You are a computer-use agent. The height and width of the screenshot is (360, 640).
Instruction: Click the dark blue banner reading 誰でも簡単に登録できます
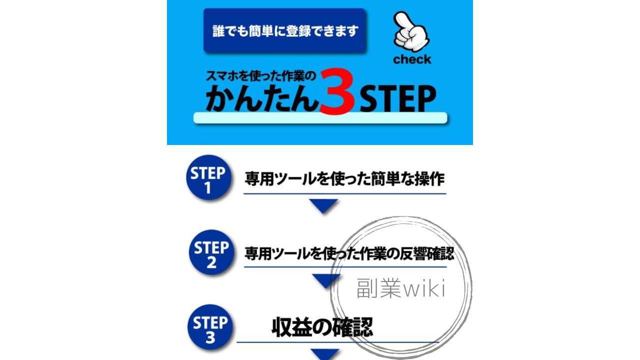click(x=284, y=30)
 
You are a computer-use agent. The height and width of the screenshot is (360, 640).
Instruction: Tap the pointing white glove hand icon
click(x=411, y=32)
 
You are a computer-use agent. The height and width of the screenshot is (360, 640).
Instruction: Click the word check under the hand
click(x=412, y=59)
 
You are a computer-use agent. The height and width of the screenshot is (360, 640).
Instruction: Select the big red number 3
click(x=337, y=91)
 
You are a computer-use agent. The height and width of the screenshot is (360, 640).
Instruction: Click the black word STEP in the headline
click(x=398, y=99)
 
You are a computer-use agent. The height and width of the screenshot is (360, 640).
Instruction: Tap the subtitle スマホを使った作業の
click(x=261, y=76)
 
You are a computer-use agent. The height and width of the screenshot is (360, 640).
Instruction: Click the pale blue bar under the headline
click(x=320, y=118)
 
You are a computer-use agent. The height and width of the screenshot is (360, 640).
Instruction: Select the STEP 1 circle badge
click(x=208, y=177)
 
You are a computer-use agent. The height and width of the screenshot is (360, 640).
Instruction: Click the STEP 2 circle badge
click(x=211, y=252)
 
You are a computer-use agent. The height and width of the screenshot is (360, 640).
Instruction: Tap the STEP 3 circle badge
click(x=210, y=327)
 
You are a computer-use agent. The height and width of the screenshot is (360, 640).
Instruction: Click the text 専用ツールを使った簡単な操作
click(x=344, y=179)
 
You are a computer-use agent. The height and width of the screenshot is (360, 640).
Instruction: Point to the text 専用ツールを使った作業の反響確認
click(x=349, y=253)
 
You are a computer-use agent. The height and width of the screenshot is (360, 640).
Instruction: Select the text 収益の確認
click(x=322, y=327)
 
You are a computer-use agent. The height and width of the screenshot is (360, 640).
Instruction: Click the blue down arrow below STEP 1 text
click(x=323, y=205)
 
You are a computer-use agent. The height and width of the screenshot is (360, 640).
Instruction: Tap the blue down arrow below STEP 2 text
click(x=326, y=280)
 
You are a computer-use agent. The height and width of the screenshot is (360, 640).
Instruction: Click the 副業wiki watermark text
click(x=401, y=288)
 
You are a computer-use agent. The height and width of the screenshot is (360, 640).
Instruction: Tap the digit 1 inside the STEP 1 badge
click(x=207, y=188)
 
